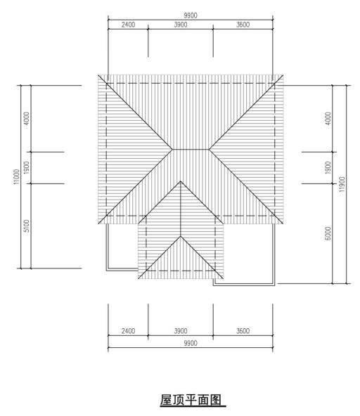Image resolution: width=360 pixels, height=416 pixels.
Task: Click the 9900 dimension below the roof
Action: coord(190,343)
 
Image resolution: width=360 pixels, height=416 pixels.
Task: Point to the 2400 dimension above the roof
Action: coord(127,26)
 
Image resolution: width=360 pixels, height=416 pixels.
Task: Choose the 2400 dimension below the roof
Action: coord(127,330)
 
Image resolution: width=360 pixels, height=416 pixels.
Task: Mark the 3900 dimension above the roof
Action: coord(180,26)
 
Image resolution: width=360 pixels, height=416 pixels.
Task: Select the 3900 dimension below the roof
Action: coord(180,330)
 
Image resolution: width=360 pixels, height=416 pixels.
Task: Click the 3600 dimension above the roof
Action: coord(243,26)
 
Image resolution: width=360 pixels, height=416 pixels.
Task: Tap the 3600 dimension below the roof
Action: coord(243,330)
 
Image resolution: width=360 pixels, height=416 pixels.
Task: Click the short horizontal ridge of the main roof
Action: coord(191,149)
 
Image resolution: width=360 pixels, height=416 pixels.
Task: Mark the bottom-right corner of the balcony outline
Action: coord(276,284)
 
